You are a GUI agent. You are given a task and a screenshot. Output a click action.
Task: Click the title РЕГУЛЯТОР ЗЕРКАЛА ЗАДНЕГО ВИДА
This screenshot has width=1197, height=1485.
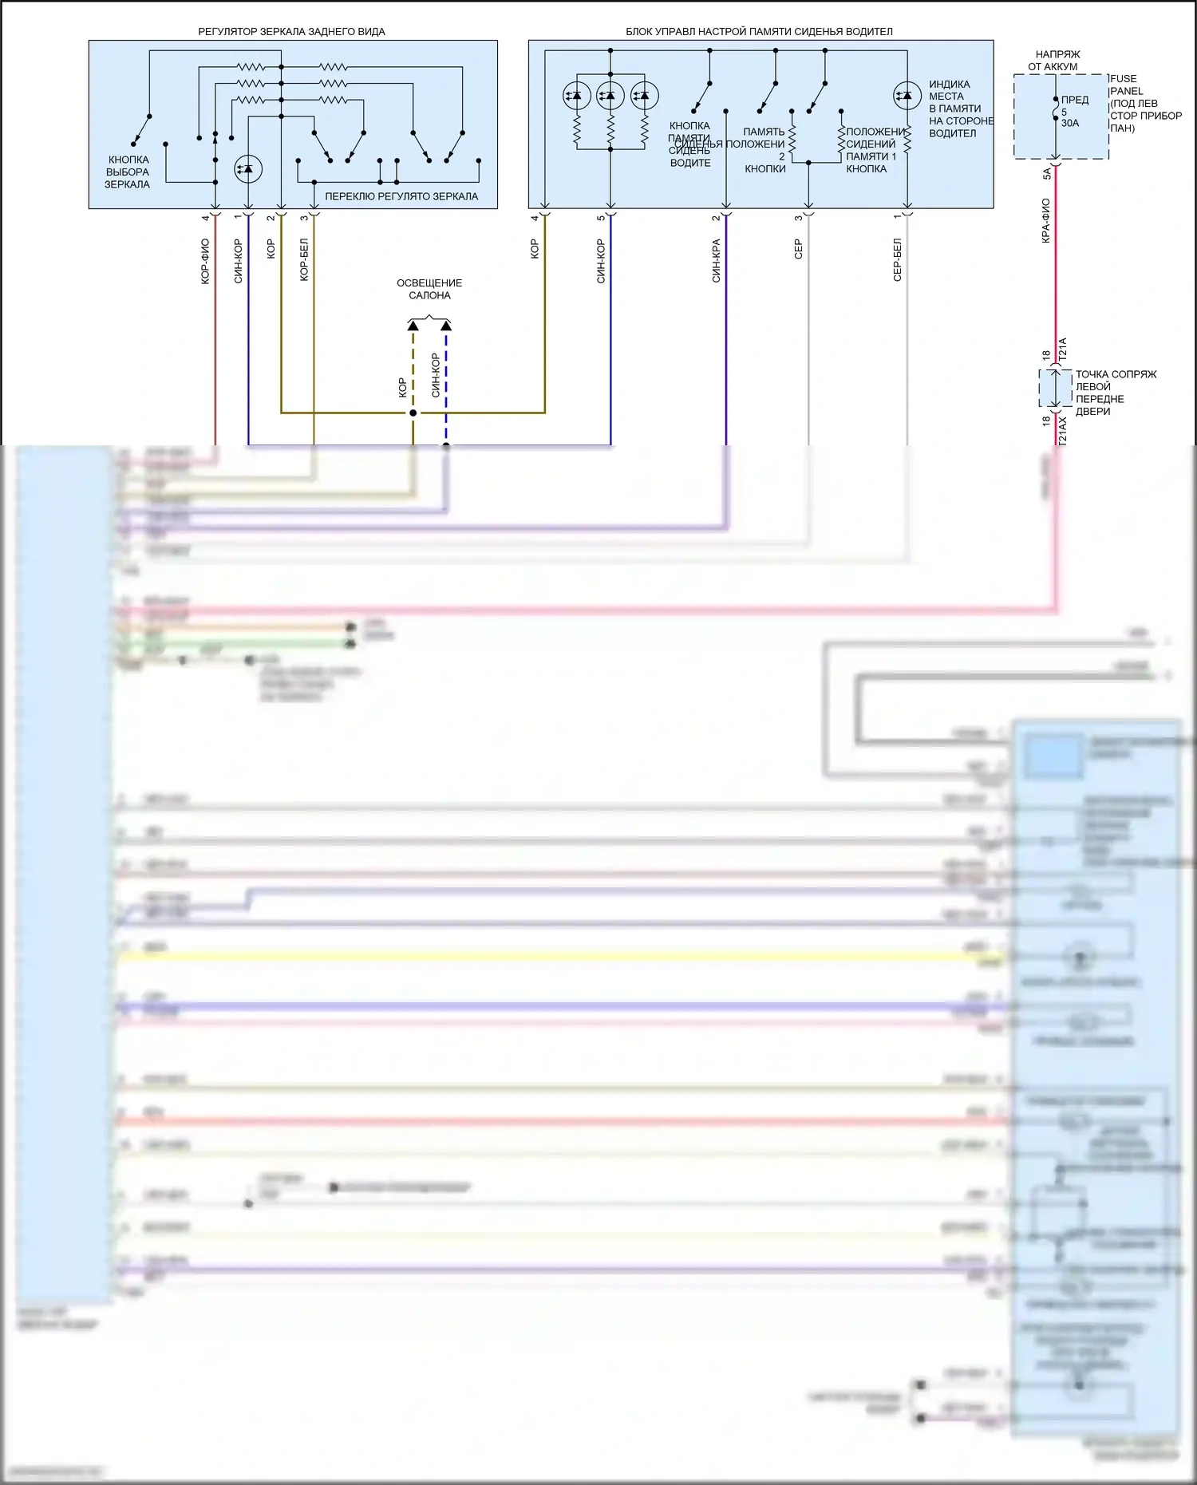point(291,32)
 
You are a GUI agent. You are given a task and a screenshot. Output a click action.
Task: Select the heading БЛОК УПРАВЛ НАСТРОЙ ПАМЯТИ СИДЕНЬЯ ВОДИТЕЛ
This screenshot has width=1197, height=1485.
point(759,32)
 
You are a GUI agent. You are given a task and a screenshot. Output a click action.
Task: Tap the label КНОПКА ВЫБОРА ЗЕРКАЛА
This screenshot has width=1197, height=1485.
point(128,172)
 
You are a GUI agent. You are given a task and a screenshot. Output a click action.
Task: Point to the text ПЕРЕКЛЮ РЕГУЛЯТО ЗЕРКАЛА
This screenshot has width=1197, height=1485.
point(401,196)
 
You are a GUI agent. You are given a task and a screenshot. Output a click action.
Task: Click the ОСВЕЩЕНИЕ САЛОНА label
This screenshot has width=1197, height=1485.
point(429,289)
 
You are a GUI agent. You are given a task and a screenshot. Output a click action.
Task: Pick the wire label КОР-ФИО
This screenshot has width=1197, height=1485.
point(205,261)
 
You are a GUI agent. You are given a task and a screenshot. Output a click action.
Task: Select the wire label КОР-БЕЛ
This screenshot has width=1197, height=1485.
point(304,259)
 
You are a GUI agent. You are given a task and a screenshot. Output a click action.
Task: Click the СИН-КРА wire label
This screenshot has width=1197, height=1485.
point(716,260)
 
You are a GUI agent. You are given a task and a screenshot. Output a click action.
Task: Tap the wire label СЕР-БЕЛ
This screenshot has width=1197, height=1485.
point(897,259)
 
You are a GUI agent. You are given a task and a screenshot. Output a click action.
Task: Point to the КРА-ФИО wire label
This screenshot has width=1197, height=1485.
point(1045,221)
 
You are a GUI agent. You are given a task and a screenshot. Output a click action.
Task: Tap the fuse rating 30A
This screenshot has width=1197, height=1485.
point(1070,123)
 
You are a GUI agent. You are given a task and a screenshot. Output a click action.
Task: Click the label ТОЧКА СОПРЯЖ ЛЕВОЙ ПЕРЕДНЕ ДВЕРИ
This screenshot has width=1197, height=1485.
point(1115,393)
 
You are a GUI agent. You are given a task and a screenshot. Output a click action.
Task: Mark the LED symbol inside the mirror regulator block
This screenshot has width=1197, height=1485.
point(247,169)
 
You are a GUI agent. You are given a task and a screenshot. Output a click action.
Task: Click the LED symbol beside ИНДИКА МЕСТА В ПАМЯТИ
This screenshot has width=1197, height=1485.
point(907,96)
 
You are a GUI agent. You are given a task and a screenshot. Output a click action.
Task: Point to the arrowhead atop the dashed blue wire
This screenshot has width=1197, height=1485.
point(446,326)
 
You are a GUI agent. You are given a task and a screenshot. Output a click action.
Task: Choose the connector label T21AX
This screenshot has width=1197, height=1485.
point(1062,431)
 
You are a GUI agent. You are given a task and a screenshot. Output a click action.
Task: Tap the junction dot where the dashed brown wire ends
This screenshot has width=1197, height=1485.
point(413,413)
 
